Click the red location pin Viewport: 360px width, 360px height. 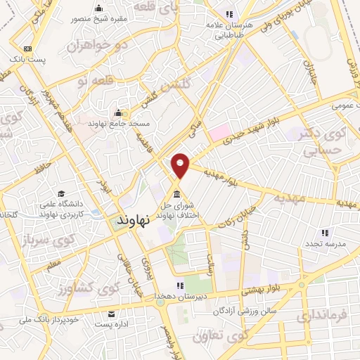tap(181, 165)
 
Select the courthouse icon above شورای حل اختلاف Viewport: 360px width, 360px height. tap(176, 193)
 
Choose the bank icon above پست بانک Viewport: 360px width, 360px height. tap(27, 48)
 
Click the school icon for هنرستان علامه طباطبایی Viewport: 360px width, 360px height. tap(229, 14)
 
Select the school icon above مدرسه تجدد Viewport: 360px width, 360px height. tap(324, 232)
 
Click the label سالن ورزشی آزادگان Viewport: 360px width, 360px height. tap(248, 310)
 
